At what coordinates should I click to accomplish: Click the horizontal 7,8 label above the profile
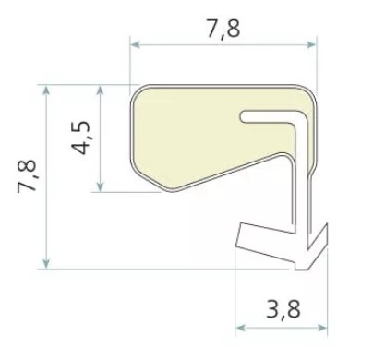point(223,30)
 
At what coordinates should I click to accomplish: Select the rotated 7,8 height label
point(27,176)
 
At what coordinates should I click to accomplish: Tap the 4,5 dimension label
point(81,138)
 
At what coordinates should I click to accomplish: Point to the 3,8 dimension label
point(283,309)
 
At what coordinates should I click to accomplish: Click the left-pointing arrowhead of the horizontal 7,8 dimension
point(136,45)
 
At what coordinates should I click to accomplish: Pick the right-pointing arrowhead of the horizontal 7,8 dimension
point(310,45)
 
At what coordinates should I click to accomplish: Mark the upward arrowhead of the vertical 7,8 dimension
point(46,90)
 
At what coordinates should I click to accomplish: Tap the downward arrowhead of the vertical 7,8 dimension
point(46,263)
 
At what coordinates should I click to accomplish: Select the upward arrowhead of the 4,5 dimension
point(100,90)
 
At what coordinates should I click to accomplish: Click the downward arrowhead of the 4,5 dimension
point(100,186)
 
